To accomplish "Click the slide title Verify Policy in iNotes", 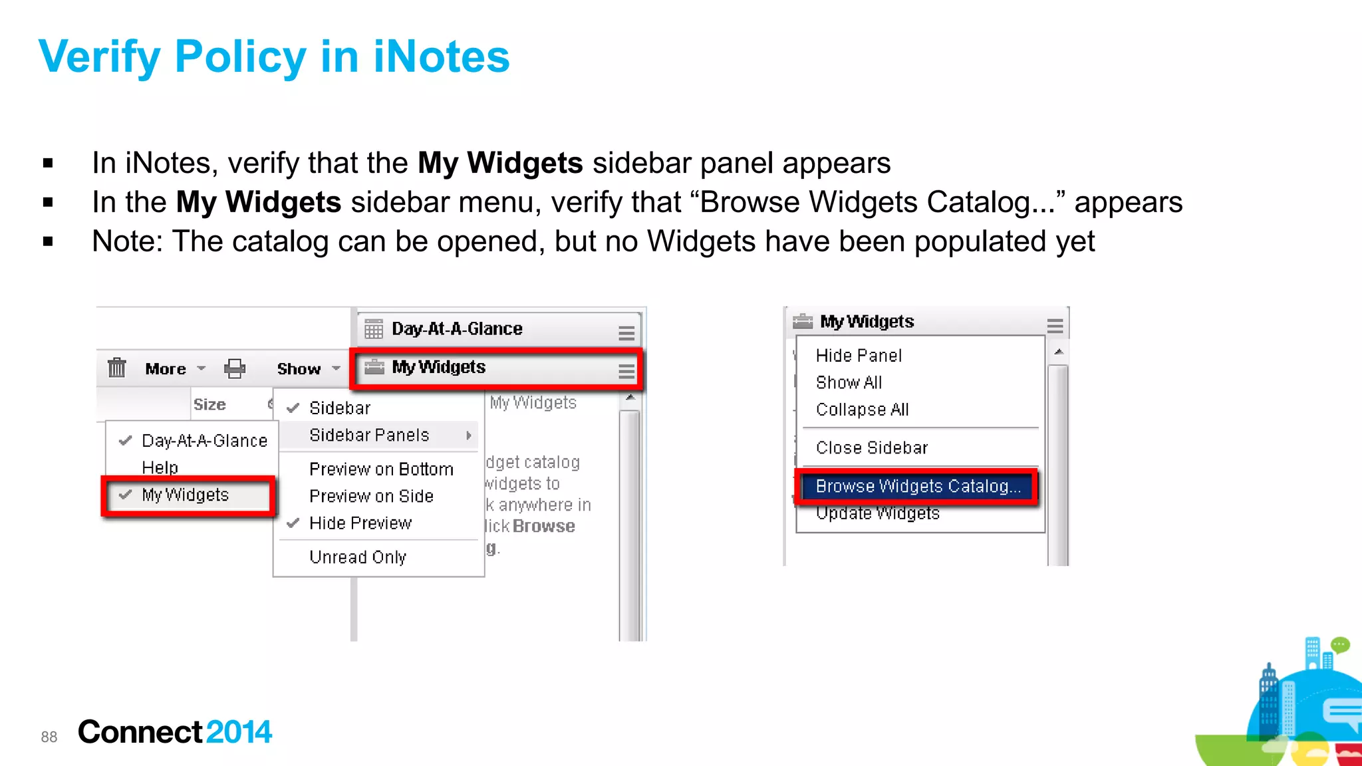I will (x=274, y=57).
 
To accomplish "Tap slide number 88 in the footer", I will (x=49, y=737).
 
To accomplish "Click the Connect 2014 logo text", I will (x=174, y=732).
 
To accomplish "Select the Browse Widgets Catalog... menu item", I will (x=917, y=487).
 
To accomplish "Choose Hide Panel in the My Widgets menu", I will (x=859, y=356).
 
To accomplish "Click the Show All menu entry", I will (x=849, y=383).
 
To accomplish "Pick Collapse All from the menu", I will (x=862, y=410).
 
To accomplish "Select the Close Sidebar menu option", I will (x=871, y=448).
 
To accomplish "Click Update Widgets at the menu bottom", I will (x=877, y=514).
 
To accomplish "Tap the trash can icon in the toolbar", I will (x=117, y=368).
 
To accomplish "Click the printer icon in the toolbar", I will (x=235, y=368).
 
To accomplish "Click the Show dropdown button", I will (x=308, y=369).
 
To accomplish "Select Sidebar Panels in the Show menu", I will (x=370, y=436).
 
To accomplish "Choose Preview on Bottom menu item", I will (x=381, y=469).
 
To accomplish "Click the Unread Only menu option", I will (x=358, y=557).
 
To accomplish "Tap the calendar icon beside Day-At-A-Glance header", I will (x=374, y=329).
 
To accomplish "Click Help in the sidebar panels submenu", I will (x=160, y=468).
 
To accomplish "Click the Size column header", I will (x=209, y=405).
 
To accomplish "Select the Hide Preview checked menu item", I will (x=360, y=523).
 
